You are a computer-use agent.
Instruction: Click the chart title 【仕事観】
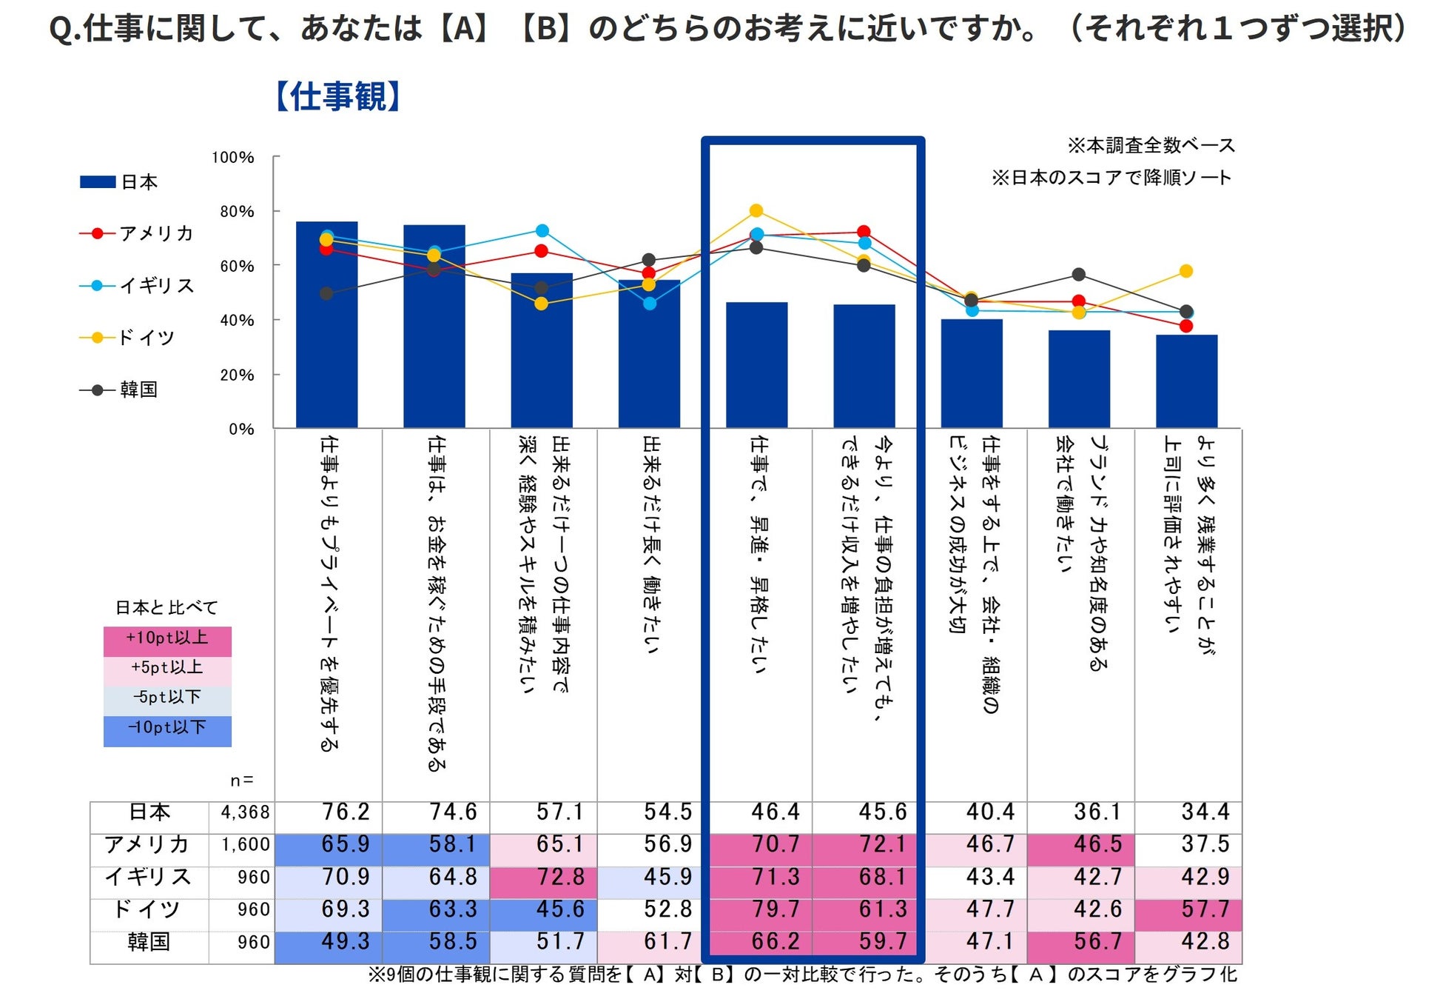point(337,97)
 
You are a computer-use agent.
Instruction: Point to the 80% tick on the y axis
point(237,212)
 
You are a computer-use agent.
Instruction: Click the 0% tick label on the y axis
point(241,430)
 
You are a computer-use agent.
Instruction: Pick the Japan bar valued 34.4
point(1186,381)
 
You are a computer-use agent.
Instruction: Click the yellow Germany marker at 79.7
point(756,211)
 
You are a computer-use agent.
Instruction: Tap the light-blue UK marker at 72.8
point(542,230)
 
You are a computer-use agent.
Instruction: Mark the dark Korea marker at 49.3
point(326,294)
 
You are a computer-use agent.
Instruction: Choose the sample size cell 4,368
point(245,812)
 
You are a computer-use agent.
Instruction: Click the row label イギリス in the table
point(149,878)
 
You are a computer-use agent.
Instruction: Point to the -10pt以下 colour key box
point(167,728)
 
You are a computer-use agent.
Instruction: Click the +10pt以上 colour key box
point(167,638)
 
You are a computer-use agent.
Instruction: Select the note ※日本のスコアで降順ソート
point(1111,178)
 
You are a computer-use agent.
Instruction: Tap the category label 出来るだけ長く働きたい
point(650,544)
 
